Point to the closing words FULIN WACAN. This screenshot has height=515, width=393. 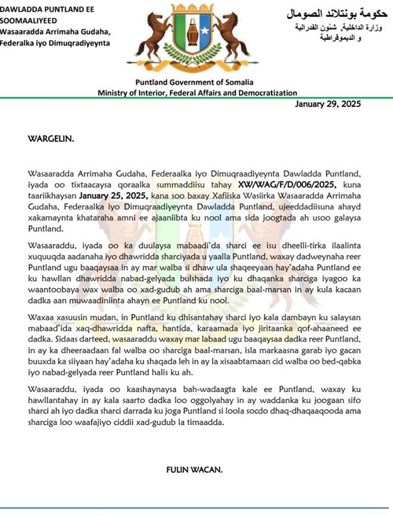194,470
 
